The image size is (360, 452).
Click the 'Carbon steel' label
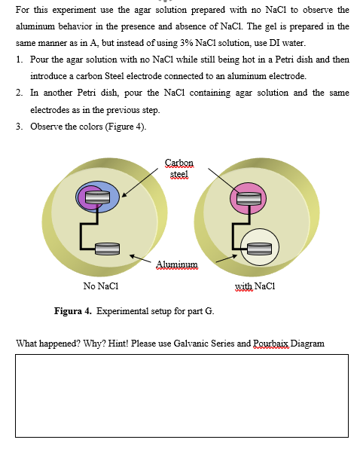(178, 167)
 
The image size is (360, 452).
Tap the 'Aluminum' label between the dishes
(177, 264)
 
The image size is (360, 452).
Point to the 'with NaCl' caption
(253, 286)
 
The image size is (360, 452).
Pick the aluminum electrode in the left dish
(106, 247)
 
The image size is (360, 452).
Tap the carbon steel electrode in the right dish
(248, 199)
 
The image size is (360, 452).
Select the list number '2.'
(19, 93)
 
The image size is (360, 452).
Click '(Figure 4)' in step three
(129, 126)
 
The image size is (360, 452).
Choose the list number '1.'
(19, 60)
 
